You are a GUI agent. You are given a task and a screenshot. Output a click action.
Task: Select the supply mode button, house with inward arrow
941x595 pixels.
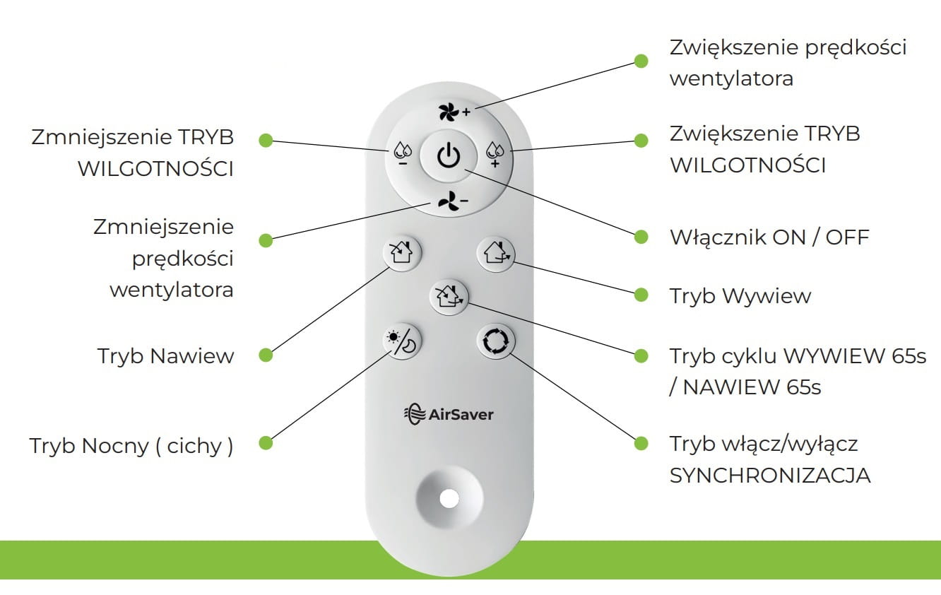click(401, 252)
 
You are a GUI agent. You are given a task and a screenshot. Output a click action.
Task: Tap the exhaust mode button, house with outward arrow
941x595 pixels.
click(497, 252)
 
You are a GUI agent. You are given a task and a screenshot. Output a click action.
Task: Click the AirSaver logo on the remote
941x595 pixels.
click(448, 413)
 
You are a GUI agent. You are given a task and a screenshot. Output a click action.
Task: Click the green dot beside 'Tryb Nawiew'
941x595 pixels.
click(266, 355)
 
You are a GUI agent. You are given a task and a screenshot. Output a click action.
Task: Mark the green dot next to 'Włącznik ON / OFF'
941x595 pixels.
click(641, 237)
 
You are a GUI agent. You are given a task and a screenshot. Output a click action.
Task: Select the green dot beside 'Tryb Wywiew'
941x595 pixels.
click(641, 295)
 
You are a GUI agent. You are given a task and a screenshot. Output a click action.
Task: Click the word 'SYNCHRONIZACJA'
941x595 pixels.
click(769, 476)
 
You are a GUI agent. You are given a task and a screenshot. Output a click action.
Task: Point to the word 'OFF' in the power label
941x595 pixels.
click(847, 237)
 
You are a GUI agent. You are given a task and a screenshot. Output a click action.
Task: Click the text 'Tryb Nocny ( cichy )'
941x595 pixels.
click(131, 446)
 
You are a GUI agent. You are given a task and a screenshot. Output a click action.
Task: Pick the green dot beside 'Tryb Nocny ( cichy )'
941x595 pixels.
click(266, 443)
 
